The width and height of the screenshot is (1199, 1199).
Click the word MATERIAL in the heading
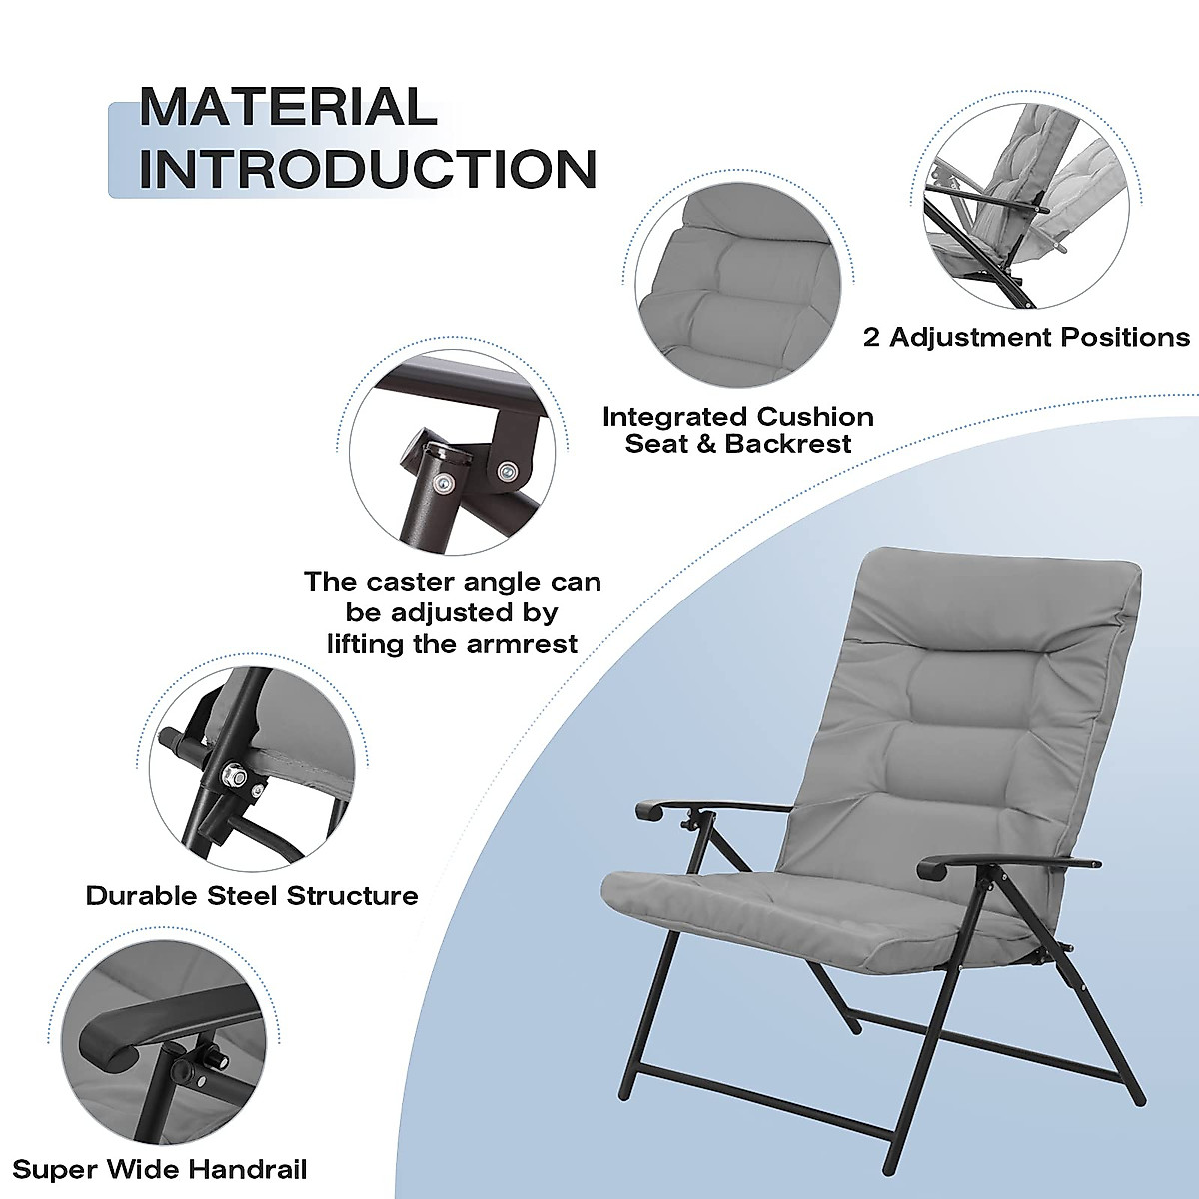288,107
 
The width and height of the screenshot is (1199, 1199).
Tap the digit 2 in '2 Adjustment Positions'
872,337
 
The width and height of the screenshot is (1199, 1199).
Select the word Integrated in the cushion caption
674,417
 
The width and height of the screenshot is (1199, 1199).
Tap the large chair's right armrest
999,861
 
